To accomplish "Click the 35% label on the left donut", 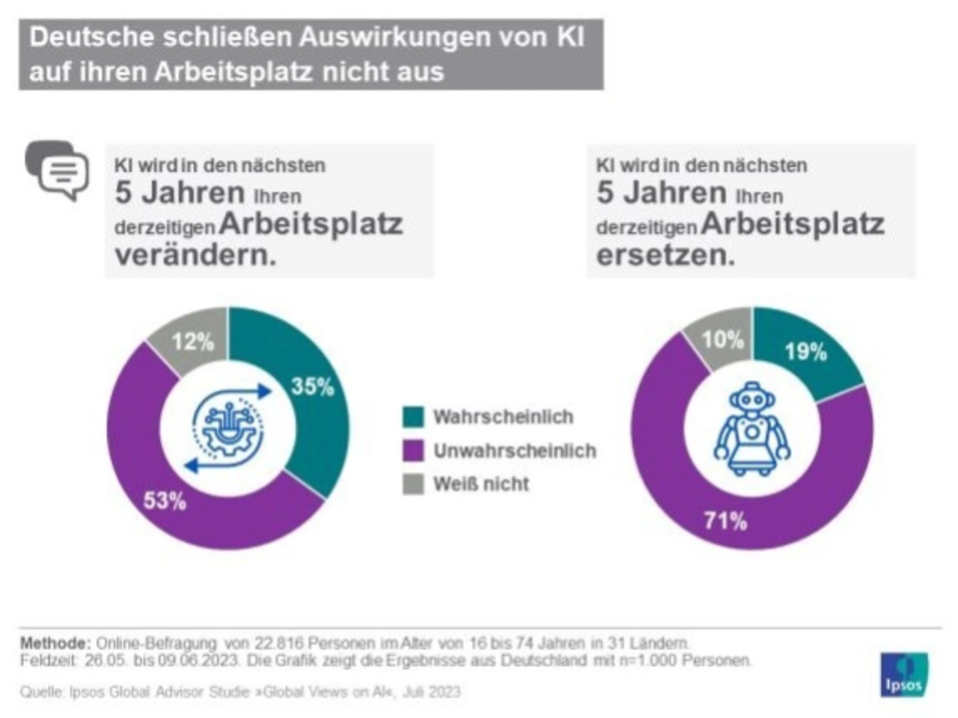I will click(x=312, y=386).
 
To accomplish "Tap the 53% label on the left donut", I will click(x=165, y=500).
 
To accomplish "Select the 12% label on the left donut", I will click(x=192, y=341).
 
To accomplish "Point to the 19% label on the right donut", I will click(x=805, y=351).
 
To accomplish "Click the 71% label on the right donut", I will click(x=725, y=520).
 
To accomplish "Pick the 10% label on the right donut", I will click(x=723, y=339).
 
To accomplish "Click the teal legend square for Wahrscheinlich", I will click(x=413, y=417).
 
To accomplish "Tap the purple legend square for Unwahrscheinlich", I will click(x=413, y=451).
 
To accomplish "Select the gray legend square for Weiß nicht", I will click(x=413, y=484).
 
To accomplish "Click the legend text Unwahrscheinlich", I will click(x=515, y=451).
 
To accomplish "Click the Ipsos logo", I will click(x=904, y=675).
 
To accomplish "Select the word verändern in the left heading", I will click(x=195, y=255).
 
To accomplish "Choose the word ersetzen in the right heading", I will click(x=665, y=255).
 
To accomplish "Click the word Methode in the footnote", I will click(x=55, y=643).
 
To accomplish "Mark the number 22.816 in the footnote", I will click(x=278, y=643).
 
